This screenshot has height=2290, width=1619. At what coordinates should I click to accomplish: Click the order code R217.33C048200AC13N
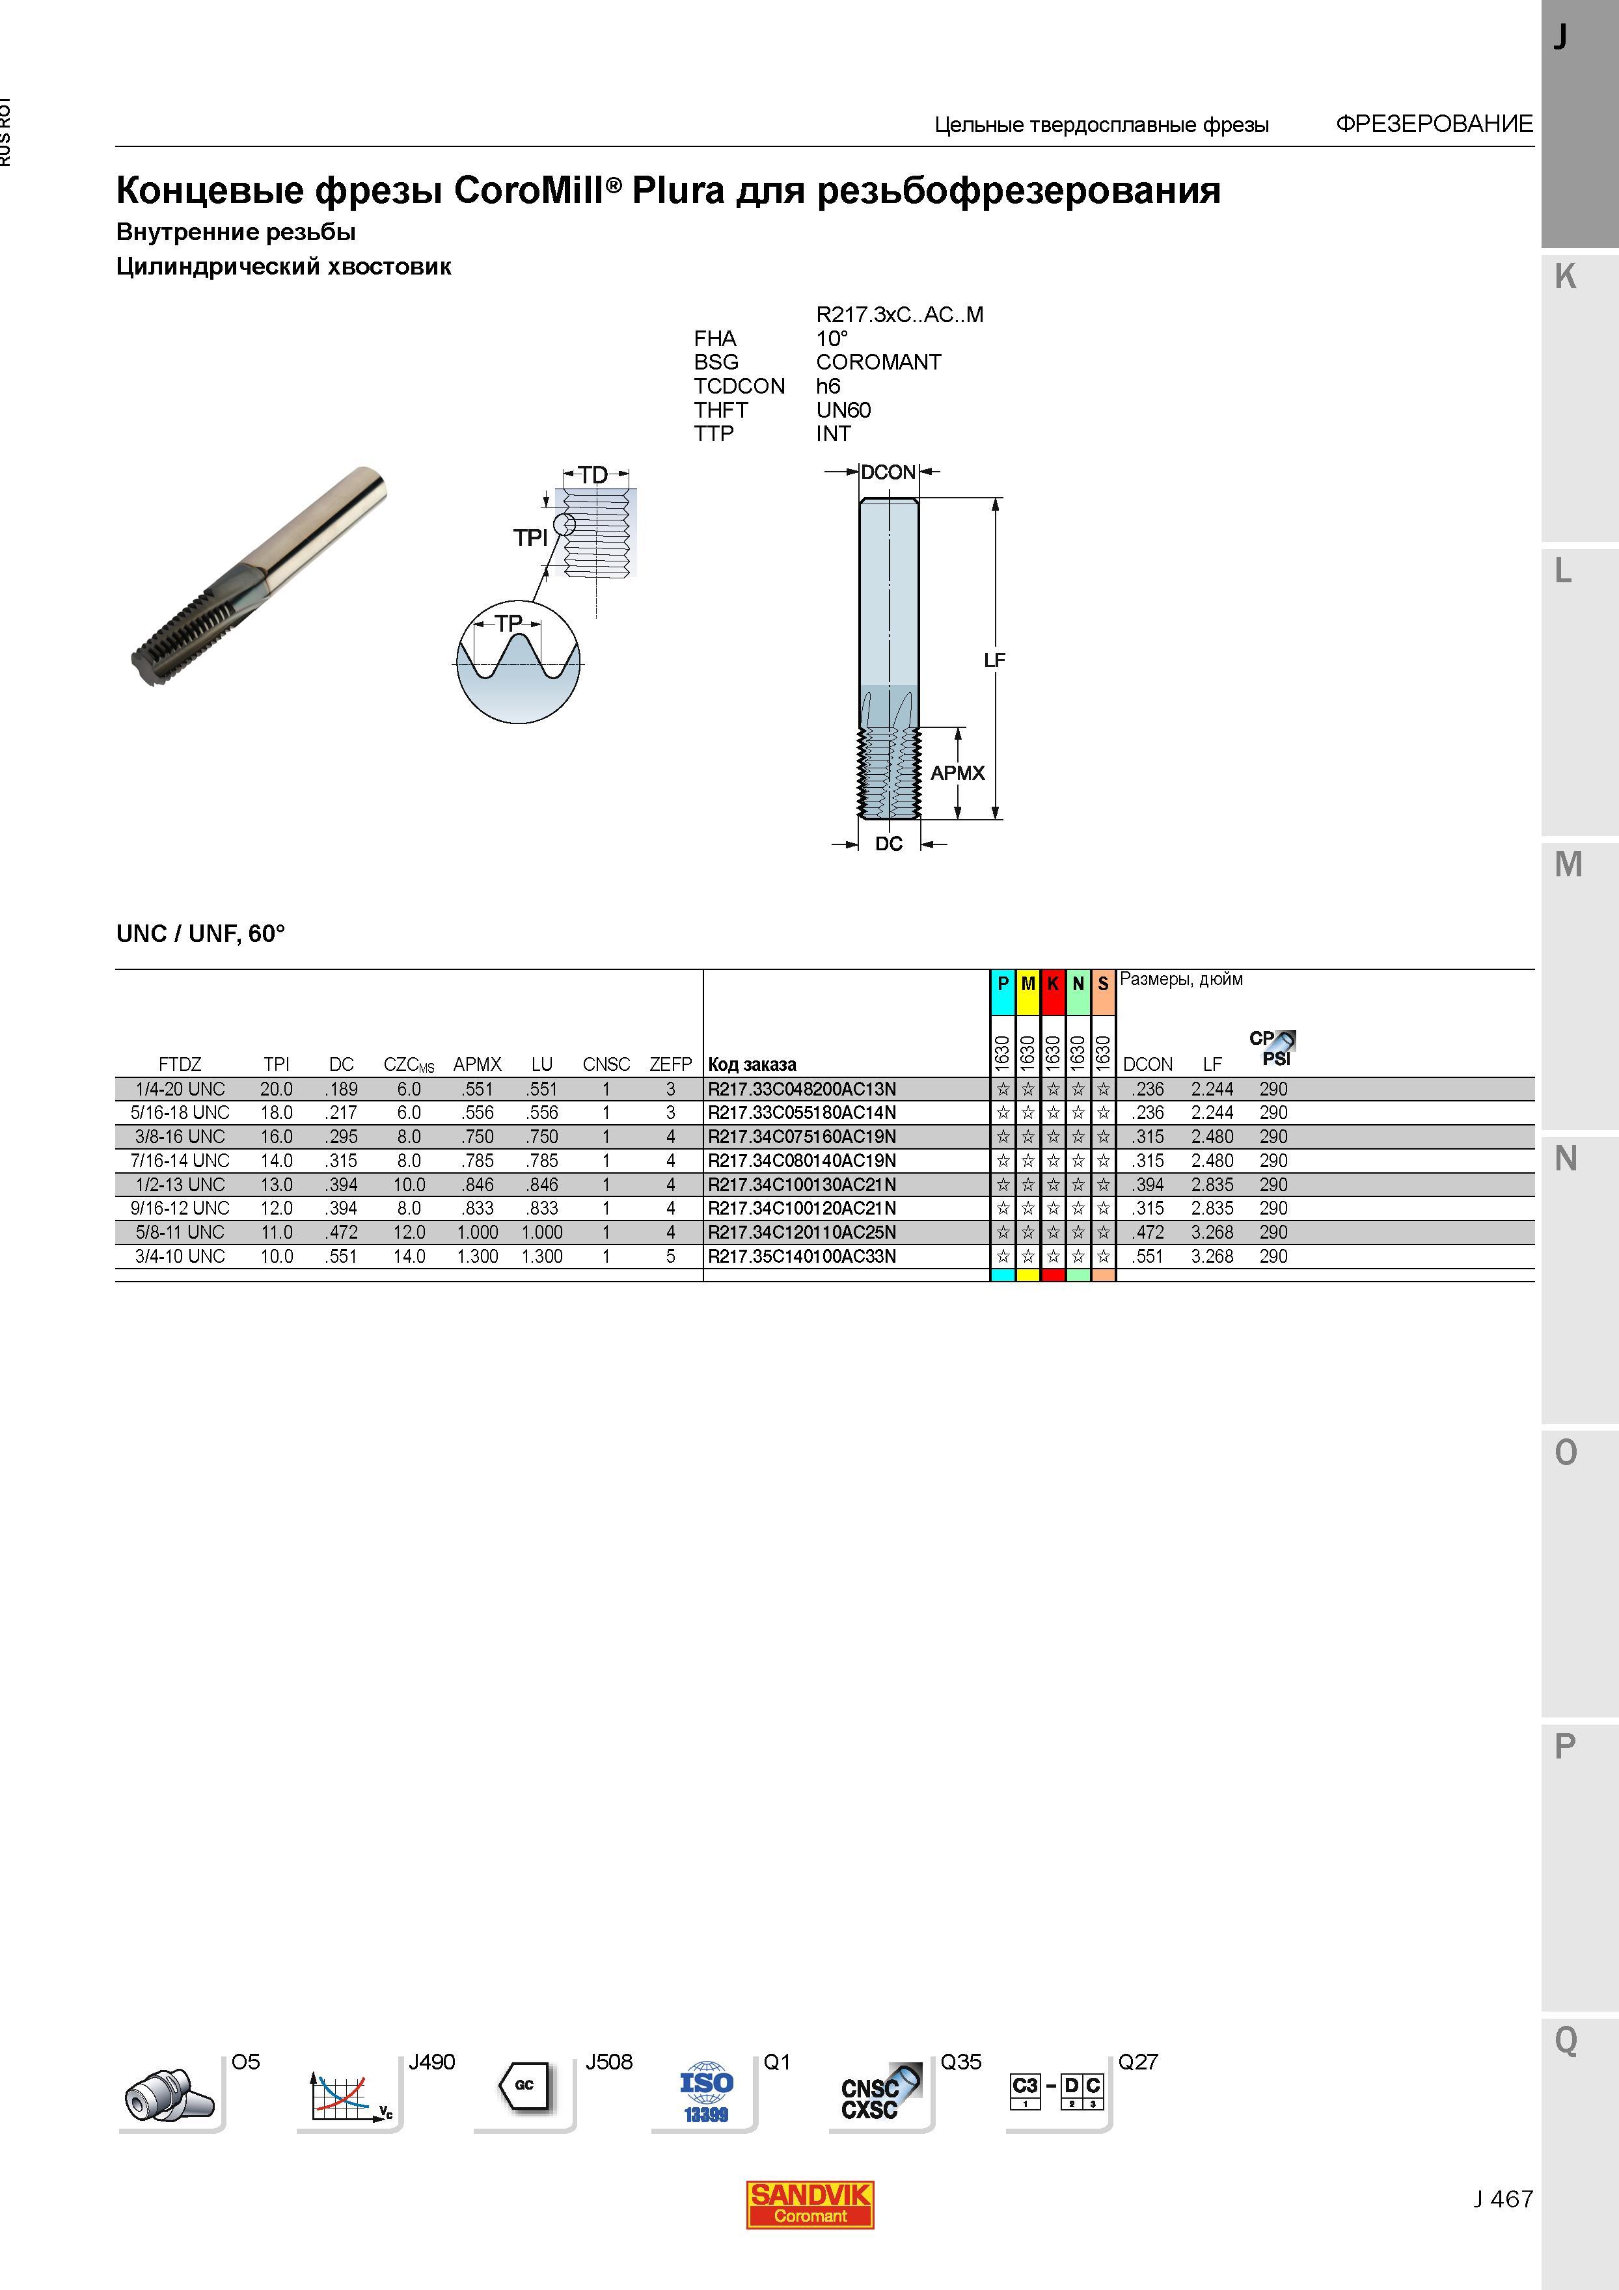[801, 1089]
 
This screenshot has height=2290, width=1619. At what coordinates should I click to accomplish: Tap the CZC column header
[408, 1064]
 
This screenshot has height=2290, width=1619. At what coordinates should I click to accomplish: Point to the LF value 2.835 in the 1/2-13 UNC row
[1212, 1185]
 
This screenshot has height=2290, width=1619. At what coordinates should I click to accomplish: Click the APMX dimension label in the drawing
[958, 773]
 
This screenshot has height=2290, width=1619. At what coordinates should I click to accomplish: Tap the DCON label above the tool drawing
[888, 472]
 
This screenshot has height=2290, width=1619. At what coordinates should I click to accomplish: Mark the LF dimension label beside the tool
[994, 659]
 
